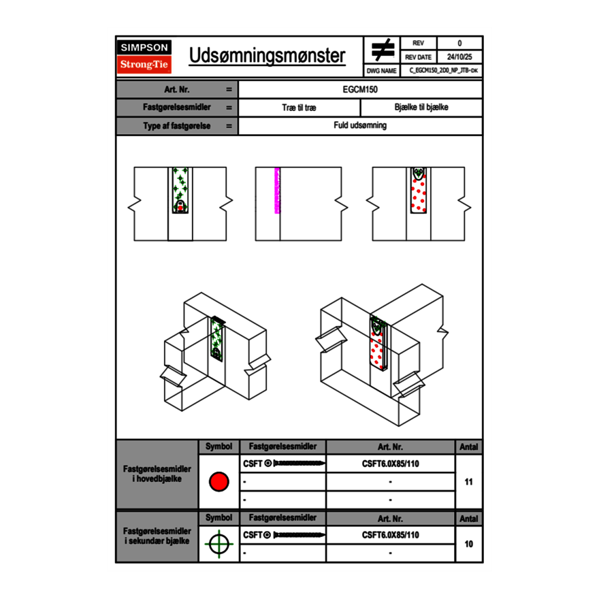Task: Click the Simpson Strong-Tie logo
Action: pos(144,56)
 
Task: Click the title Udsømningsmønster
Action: pos(267,56)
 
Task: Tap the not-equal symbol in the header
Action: pos(383,50)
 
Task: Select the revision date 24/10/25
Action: pos(459,57)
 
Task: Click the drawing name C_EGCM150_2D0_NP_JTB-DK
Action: pos(443,70)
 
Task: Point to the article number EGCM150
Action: pos(360,89)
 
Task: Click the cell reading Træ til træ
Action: pos(299,108)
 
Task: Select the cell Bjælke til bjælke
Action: pos(421,108)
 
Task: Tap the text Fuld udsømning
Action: pos(360,126)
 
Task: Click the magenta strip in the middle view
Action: pos(277,191)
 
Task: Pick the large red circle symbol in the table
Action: pos(218,482)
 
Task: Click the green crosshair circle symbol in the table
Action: pos(218,544)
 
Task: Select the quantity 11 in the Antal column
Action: pos(468,482)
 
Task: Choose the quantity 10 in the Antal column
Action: pos(468,544)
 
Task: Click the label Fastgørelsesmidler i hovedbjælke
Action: pos(157,474)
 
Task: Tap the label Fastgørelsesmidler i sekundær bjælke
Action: pos(157,536)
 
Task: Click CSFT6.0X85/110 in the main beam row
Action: pos(391,464)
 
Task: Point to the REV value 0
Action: pos(459,44)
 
